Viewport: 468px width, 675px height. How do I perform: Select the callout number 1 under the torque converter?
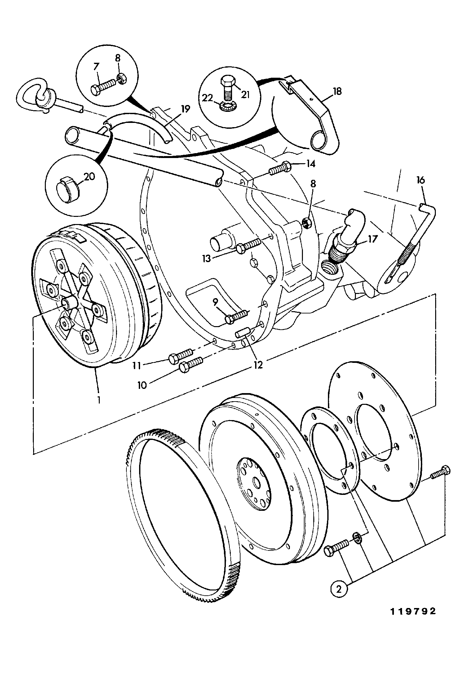98,399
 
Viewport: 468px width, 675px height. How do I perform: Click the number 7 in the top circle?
96,67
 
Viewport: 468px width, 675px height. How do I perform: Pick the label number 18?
337,92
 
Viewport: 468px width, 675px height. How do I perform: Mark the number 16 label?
421,180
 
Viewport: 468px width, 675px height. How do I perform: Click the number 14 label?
311,164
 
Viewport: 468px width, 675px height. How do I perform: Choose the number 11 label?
137,366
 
